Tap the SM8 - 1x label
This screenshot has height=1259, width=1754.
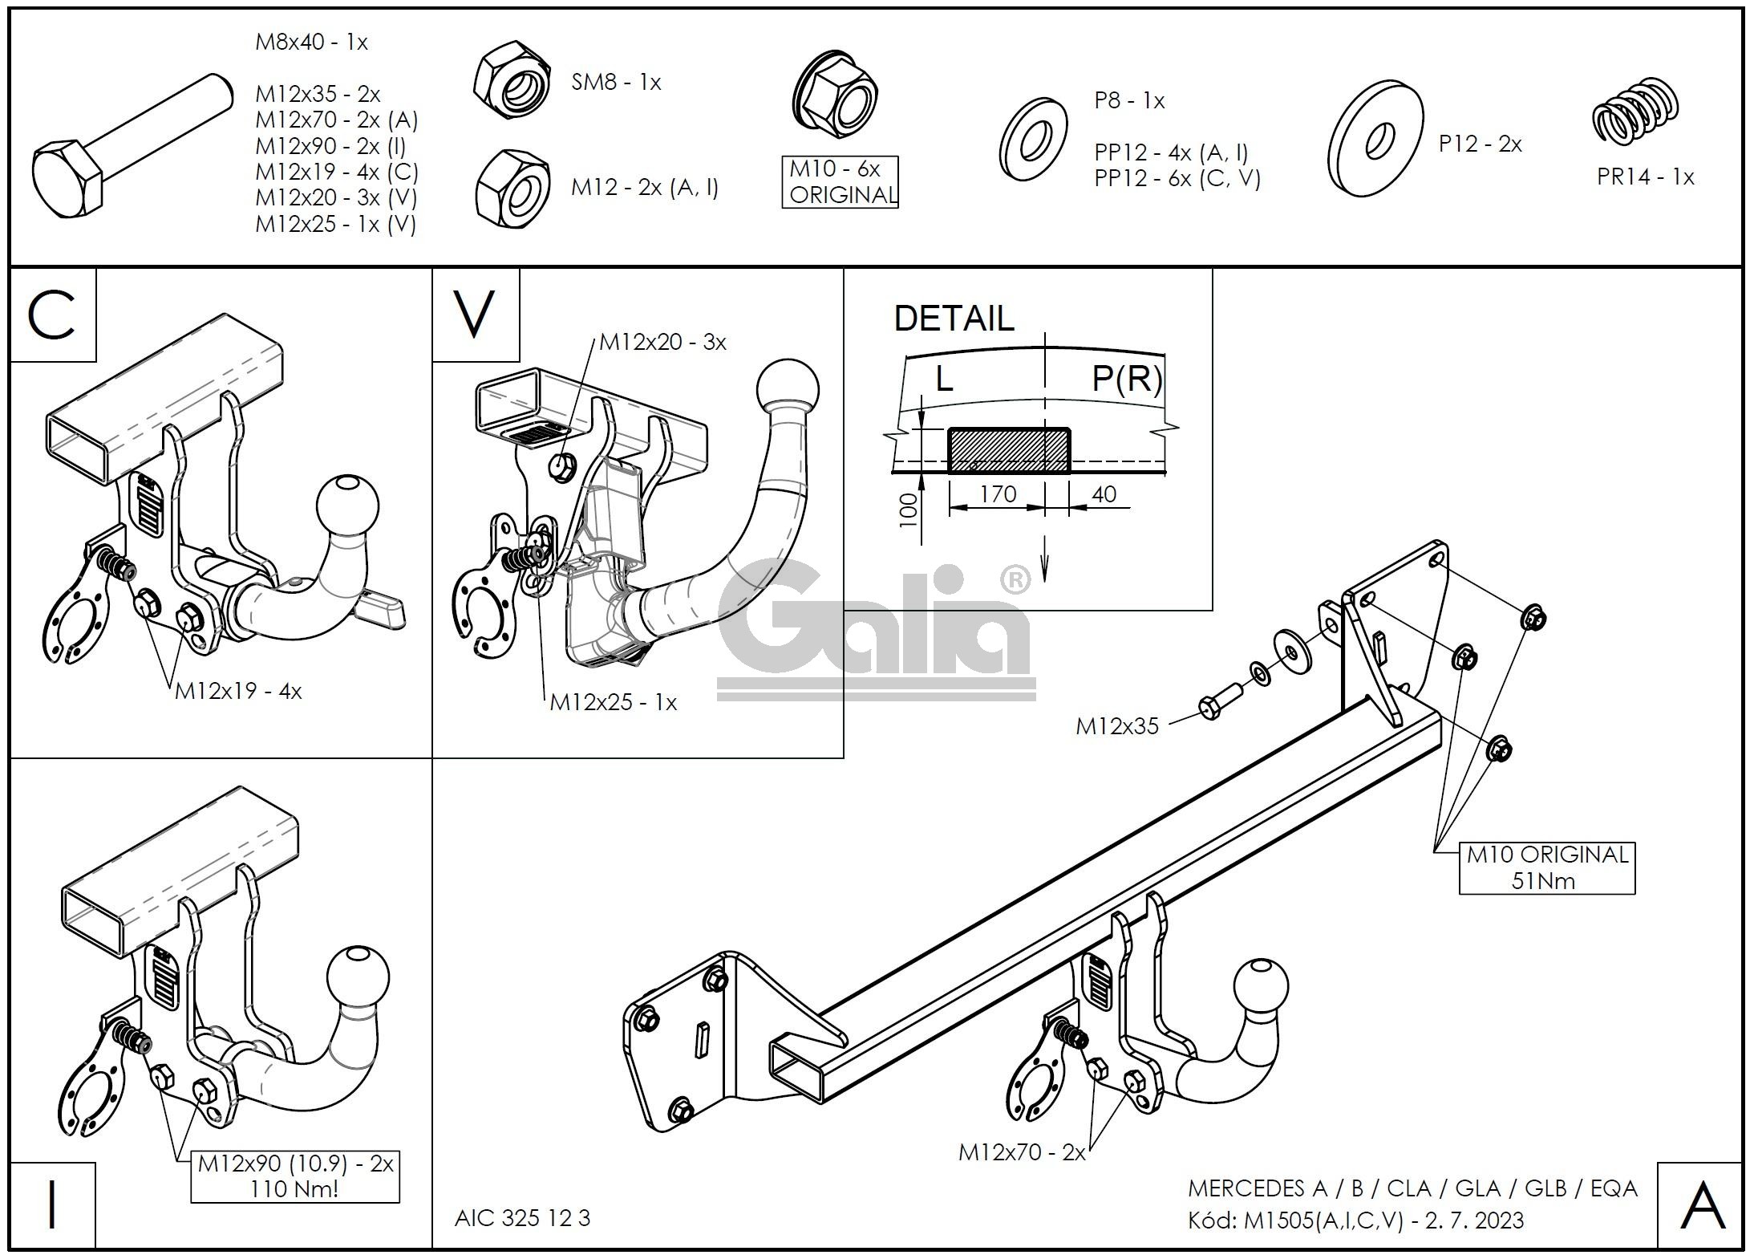pos(616,82)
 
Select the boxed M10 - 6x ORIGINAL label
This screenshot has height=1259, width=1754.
pos(840,182)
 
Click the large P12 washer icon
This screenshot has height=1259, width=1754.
pos(1375,138)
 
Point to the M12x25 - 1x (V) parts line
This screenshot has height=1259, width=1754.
pos(336,224)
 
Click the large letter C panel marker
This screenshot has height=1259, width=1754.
pos(52,315)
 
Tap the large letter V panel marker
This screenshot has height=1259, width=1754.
pos(475,315)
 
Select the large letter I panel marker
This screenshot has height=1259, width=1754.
pos(52,1205)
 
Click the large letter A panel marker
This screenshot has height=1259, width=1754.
pos(1701,1206)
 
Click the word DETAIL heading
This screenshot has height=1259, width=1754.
pos(954,319)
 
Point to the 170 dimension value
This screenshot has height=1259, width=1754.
pos(998,493)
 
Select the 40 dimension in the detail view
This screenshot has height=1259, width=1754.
pos(1104,493)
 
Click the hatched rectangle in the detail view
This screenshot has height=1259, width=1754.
pos(1008,450)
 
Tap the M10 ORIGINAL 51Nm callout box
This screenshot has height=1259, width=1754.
pos(1546,867)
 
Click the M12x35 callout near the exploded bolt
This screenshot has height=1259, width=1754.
pos(1116,726)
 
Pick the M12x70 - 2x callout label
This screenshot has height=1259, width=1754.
pos(1022,1152)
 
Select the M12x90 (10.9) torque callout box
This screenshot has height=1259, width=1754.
pos(295,1176)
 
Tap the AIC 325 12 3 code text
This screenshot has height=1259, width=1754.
pos(522,1218)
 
